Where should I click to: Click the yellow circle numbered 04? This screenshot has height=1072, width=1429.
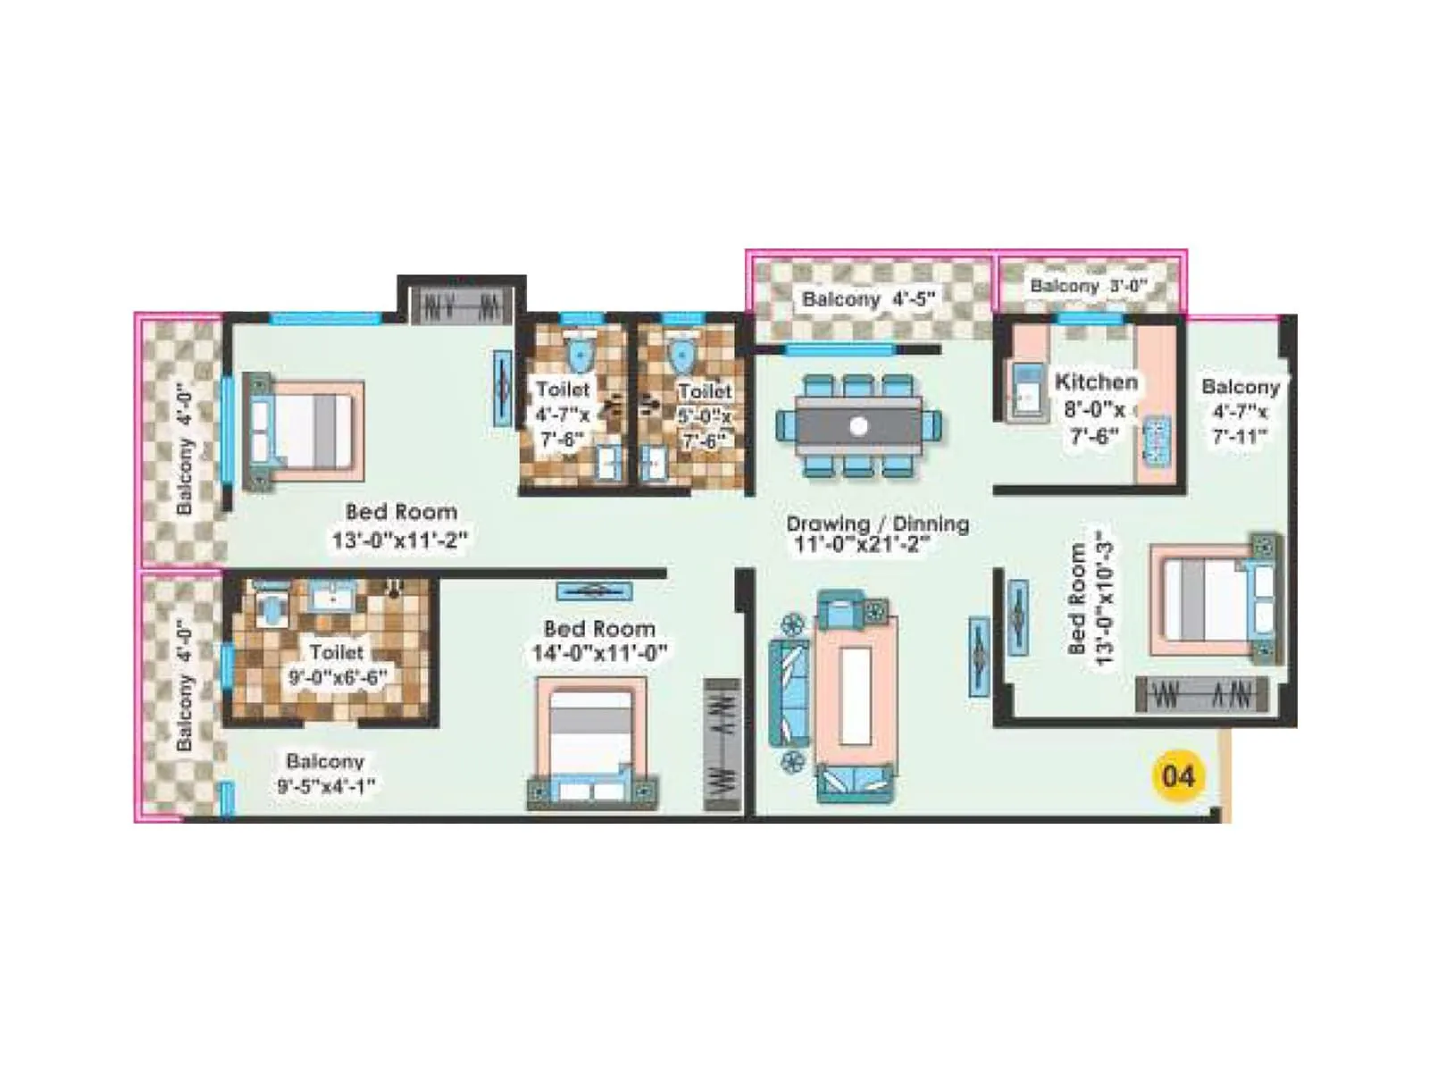pyautogui.click(x=1177, y=775)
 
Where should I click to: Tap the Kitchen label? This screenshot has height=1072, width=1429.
pyautogui.click(x=1096, y=382)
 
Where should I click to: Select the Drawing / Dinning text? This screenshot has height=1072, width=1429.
pyautogui.click(x=877, y=524)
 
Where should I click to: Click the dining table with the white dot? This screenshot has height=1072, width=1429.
pyautogui.click(x=858, y=426)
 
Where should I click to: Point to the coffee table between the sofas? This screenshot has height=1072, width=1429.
pyautogui.click(x=855, y=694)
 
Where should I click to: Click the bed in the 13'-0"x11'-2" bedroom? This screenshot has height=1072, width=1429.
pyautogui.click(x=304, y=432)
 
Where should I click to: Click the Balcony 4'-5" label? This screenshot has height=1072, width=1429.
pyautogui.click(x=867, y=299)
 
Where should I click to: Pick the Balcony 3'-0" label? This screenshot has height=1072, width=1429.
pyautogui.click(x=1087, y=286)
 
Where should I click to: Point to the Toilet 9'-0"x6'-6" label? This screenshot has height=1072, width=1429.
pyautogui.click(x=338, y=665)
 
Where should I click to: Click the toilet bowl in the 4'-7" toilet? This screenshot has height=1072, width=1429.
pyautogui.click(x=580, y=354)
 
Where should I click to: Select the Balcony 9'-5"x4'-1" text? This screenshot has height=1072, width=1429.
pyautogui.click(x=325, y=773)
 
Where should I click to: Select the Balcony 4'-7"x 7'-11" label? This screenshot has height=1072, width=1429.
pyautogui.click(x=1240, y=411)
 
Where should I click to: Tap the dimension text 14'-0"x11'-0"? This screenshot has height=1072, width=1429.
pyautogui.click(x=599, y=654)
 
